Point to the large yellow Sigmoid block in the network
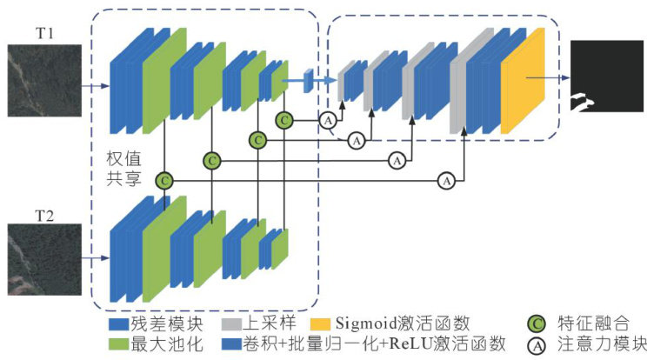[x=523, y=80]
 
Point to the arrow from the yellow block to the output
[x=557, y=77]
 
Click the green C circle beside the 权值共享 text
[x=163, y=180]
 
